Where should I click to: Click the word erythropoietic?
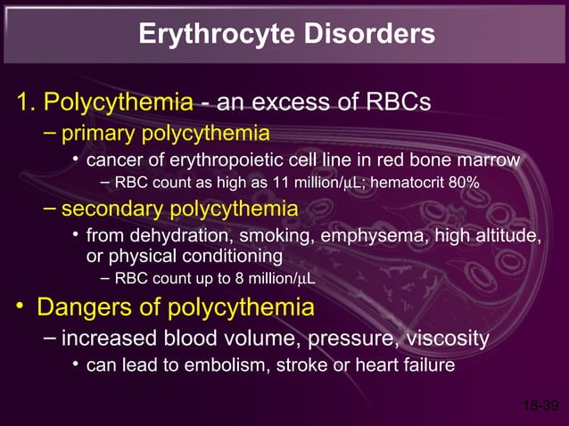point(241,160)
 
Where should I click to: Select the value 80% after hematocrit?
point(463,184)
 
